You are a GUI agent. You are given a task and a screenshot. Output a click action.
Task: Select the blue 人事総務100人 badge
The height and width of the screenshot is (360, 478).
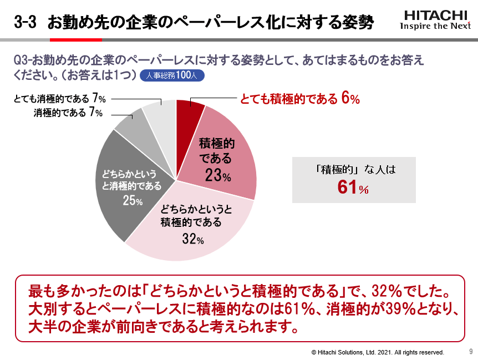point(172,76)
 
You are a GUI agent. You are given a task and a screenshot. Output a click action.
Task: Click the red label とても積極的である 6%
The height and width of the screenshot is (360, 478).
point(300,99)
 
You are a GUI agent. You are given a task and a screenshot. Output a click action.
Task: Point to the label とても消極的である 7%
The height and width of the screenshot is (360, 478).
point(60,99)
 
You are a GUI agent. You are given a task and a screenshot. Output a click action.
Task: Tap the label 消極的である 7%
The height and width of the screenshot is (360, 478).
point(68,113)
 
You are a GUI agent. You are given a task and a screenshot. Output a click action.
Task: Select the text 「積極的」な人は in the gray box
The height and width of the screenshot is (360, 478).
point(353,170)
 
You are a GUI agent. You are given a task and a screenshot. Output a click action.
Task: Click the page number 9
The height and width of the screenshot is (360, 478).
point(471,351)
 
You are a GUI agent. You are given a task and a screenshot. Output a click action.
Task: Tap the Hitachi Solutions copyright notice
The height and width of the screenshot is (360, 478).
point(378,352)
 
